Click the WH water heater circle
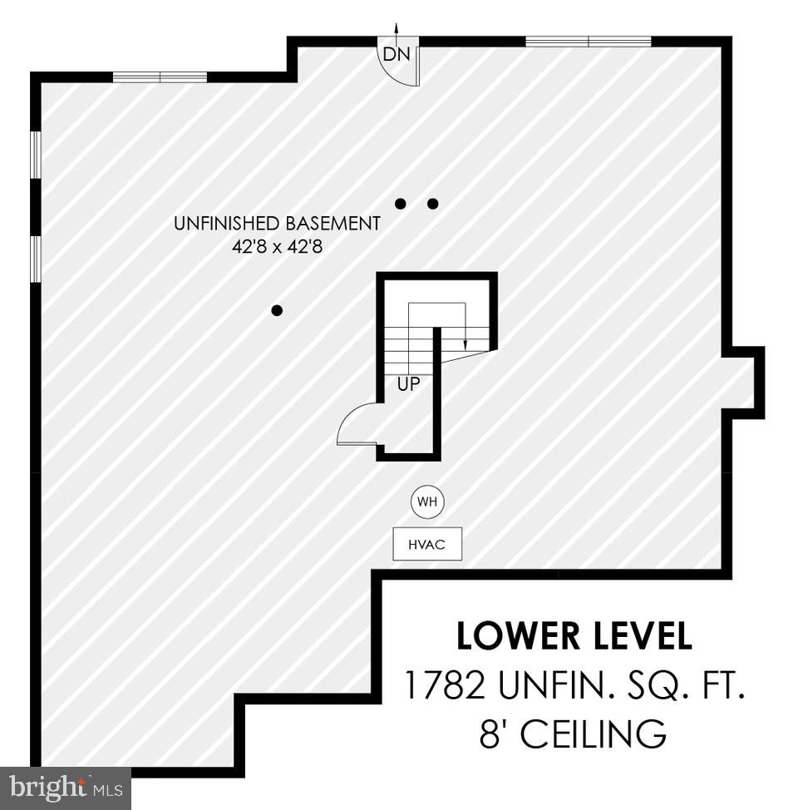[427, 502]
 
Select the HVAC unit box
[427, 545]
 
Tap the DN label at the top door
[393, 56]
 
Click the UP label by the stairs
[408, 385]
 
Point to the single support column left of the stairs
[277, 310]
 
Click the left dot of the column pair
[401, 203]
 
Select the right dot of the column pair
[432, 203]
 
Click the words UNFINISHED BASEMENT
[277, 224]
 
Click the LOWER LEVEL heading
[574, 636]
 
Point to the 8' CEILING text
[574, 735]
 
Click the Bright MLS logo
[65, 787]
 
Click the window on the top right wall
[589, 42]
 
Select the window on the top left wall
[160, 77]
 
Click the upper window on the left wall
[36, 154]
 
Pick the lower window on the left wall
[36, 259]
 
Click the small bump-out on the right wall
[744, 383]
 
